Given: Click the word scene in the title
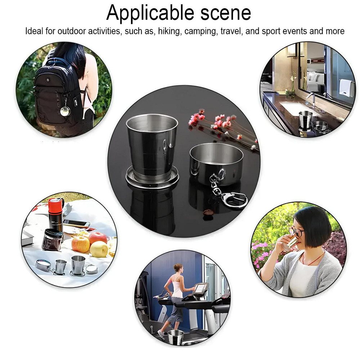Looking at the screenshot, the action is point(226,13).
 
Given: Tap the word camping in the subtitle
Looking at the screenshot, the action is point(201,31).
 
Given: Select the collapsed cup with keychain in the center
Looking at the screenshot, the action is point(216,163).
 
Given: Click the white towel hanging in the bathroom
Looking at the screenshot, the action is point(346,87).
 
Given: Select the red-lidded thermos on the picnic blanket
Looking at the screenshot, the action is point(55,214).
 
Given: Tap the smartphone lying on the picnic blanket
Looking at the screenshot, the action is point(76,224).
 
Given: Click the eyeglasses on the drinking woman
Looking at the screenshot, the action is point(296,232).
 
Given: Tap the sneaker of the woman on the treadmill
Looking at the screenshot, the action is point(161,334).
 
